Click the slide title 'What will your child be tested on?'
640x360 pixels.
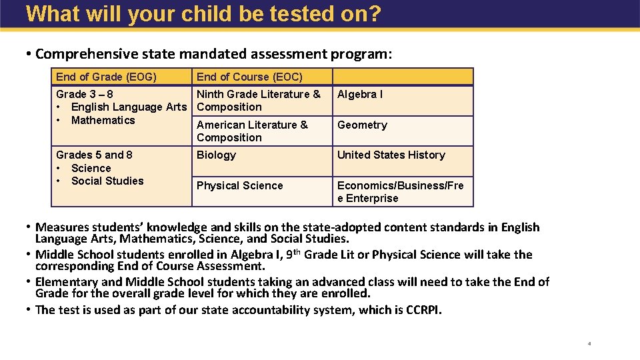[203, 13]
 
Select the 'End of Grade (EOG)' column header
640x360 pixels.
[106, 77]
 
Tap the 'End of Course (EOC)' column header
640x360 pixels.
[249, 77]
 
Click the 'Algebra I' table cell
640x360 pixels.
[360, 94]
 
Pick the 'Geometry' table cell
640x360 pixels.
[362, 125]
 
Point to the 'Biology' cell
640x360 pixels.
[216, 155]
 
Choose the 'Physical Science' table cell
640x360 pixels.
[239, 185]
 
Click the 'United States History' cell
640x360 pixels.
[391, 155]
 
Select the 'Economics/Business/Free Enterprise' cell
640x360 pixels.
[400, 191]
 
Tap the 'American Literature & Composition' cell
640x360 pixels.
[252, 131]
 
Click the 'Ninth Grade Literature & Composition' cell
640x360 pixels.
[258, 100]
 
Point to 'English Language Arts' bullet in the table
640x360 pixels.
[129, 107]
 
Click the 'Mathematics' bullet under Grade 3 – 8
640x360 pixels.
[103, 120]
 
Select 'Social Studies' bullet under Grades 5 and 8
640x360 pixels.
[107, 181]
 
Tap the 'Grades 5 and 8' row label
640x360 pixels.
[94, 155]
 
